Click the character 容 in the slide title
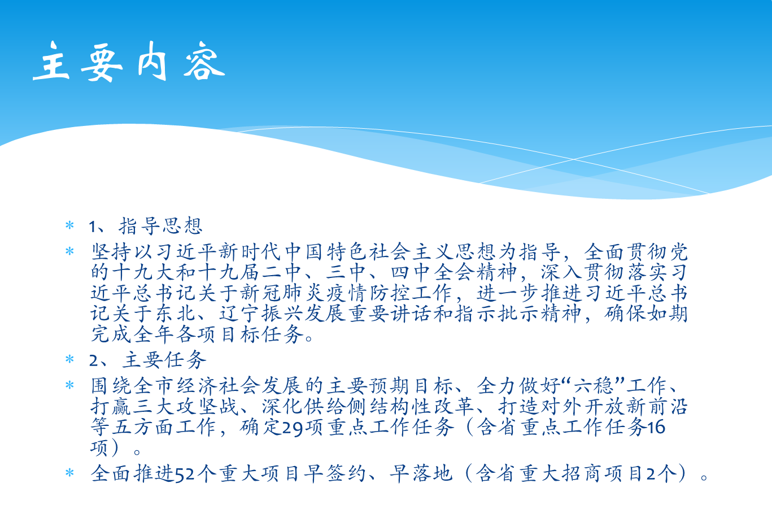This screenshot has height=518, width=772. point(204,62)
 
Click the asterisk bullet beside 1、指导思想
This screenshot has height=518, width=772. point(69,225)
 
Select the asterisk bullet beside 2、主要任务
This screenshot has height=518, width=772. point(69,359)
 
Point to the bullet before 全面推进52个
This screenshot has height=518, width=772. point(69,473)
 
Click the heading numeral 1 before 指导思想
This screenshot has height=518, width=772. point(93,227)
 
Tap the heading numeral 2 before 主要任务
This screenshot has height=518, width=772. point(93,360)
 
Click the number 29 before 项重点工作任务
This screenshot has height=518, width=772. point(293,428)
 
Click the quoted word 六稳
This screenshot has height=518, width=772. point(594,386)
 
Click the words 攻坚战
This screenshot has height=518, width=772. point(208,407)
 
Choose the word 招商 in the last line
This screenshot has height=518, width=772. point(582,473)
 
